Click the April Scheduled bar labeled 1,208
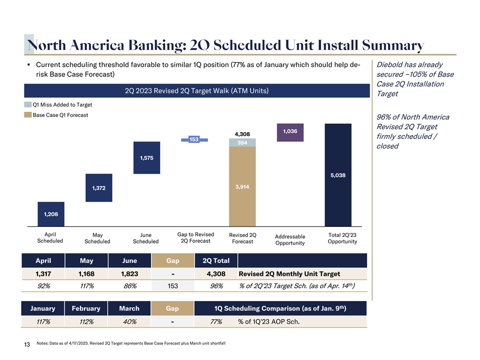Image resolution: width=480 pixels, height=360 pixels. point(50,214)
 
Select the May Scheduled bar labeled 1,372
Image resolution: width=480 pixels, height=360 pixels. point(98,187)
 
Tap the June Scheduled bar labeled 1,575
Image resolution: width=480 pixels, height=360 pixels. point(146,158)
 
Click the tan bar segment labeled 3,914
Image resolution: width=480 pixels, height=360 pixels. point(242,186)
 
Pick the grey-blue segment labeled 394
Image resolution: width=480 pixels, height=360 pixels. point(242,143)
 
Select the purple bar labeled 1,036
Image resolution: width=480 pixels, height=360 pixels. point(290,132)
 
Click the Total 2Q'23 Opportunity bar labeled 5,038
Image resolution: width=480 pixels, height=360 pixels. point(338,175)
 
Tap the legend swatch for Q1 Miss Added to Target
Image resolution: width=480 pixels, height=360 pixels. point(28,105)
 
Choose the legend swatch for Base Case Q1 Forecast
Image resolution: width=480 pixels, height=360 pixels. point(28,115)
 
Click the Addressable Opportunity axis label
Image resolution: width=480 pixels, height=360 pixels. point(290,239)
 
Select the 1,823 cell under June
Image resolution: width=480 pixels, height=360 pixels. point(129,273)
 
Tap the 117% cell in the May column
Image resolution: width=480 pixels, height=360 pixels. point(86,286)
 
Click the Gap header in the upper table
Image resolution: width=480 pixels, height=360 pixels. point(172,260)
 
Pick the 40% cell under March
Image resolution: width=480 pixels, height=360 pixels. point(129,321)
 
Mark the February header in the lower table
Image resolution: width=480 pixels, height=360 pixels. point(86,308)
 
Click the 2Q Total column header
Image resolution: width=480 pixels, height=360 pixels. point(215,260)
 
